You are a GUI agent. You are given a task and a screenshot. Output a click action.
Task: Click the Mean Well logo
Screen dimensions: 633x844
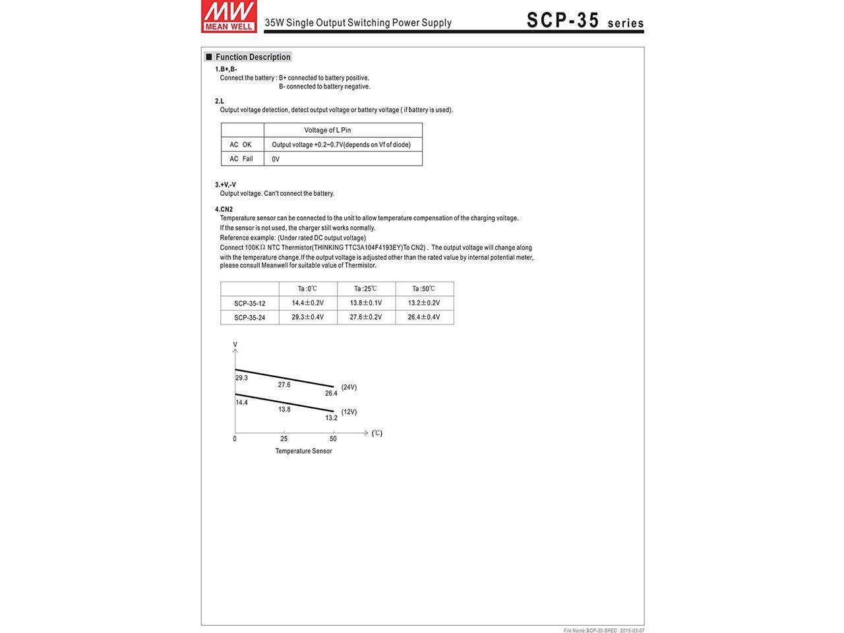(229, 16)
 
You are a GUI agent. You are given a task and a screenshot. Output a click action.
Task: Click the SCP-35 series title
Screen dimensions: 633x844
(585, 20)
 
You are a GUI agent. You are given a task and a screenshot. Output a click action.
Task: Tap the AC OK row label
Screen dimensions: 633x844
(241, 144)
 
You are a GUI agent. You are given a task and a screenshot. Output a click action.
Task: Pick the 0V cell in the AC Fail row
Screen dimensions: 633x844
(276, 159)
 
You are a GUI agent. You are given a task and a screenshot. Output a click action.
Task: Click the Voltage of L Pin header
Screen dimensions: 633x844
(328, 130)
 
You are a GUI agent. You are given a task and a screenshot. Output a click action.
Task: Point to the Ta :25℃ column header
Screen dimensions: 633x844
(365, 289)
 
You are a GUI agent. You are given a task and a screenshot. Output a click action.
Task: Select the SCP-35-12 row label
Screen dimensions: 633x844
(250, 303)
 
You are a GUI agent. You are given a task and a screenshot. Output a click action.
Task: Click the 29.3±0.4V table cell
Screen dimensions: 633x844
(308, 317)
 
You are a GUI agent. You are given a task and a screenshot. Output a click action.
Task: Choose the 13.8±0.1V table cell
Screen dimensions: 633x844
(366, 303)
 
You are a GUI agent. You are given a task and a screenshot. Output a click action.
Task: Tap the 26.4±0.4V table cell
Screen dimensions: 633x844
(424, 317)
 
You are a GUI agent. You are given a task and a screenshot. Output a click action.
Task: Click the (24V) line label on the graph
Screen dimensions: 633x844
(349, 387)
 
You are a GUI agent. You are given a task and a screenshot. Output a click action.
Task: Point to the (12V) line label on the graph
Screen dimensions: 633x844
(349, 411)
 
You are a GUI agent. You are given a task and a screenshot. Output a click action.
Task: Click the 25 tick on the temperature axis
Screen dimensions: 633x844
(284, 438)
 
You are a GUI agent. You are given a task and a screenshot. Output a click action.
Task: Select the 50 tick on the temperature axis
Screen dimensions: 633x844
(333, 438)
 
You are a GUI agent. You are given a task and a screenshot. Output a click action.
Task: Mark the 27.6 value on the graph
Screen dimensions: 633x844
(284, 384)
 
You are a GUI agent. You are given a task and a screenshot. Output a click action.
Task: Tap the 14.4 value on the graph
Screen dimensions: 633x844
(242, 402)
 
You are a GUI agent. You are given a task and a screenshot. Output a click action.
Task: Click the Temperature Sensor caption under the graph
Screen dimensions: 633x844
(303, 451)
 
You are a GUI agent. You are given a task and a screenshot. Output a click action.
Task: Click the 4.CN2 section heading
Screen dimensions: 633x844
(224, 209)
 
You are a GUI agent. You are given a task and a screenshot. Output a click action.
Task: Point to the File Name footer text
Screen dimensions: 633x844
(603, 630)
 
